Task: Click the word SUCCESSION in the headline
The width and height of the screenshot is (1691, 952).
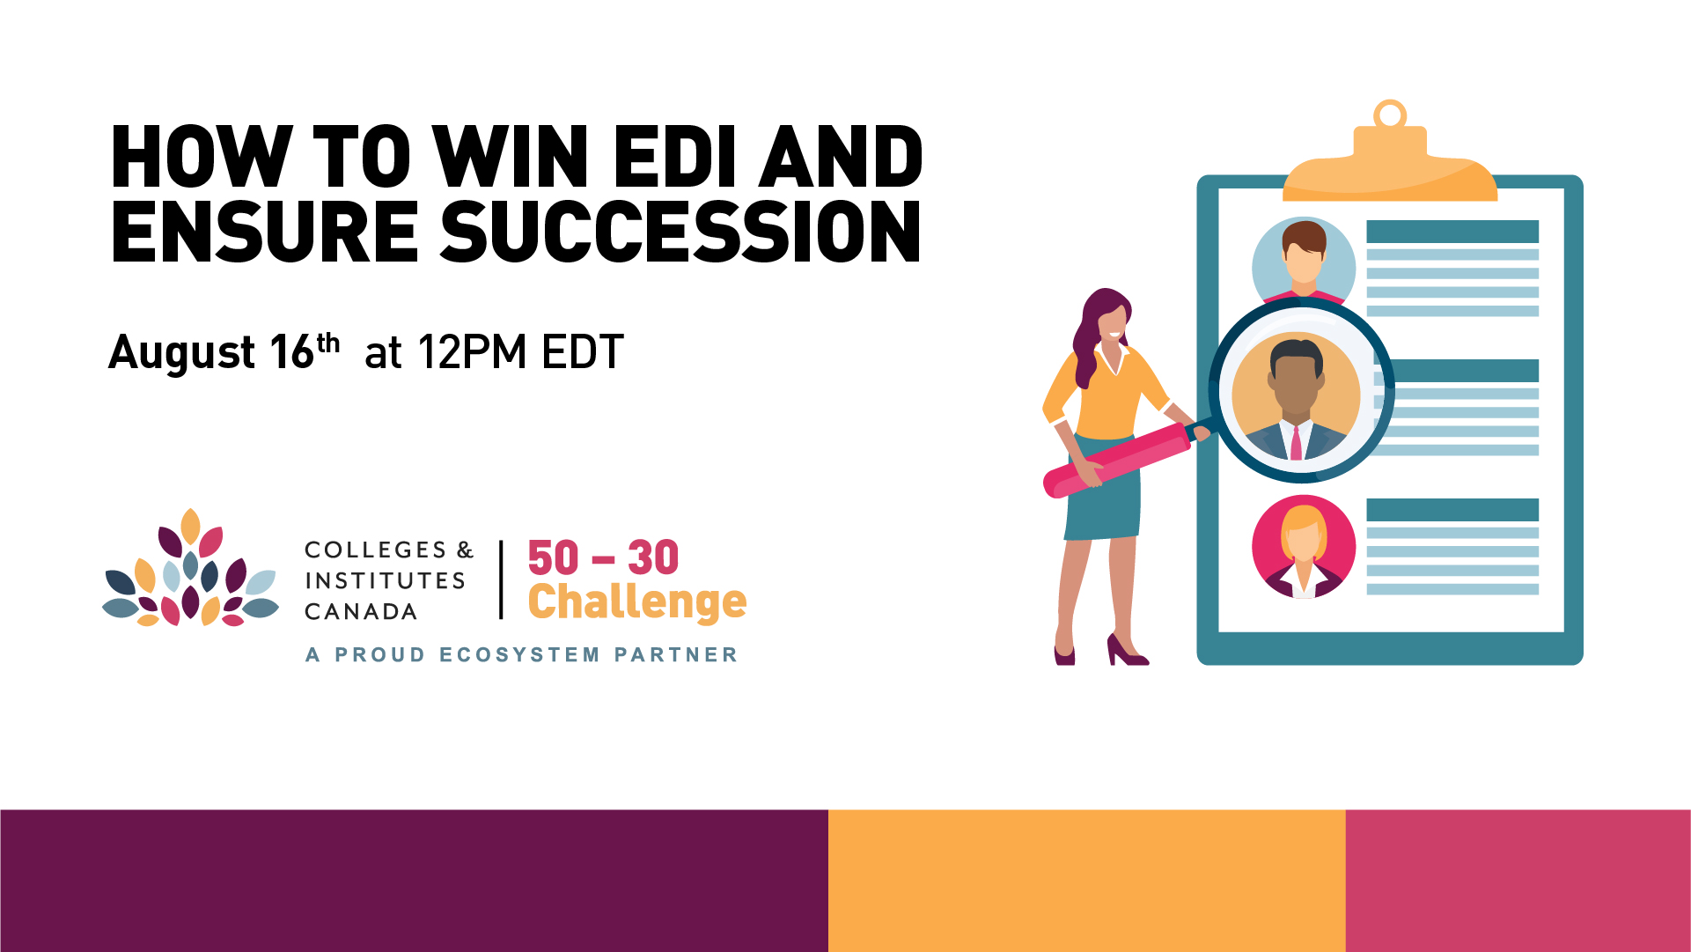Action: pos(680,232)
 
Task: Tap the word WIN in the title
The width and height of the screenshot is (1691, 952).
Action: pos(511,157)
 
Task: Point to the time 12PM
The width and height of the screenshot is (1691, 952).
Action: pos(473,351)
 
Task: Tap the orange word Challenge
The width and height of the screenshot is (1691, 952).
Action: pos(637,602)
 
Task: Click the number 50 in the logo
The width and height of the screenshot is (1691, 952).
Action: pos(553,557)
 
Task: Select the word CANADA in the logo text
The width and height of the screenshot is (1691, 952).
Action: pos(361,611)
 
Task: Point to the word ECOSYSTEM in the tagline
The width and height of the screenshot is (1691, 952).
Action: pos(519,654)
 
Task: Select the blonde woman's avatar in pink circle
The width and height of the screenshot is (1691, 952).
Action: pos(1304,547)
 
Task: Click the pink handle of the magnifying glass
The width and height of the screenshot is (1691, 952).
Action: pos(1116,460)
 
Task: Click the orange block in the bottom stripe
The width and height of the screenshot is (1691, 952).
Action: pos(1087,881)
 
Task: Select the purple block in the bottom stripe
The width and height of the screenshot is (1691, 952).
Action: pos(414,881)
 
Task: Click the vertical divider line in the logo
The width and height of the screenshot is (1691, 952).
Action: pos(501,579)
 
